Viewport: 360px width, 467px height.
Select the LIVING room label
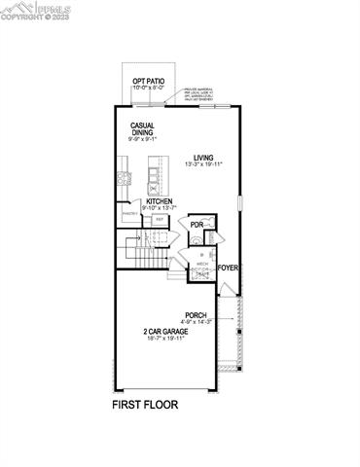202,157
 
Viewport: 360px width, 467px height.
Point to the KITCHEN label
159,201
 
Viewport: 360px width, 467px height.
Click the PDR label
197,225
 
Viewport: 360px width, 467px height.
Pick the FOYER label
228,267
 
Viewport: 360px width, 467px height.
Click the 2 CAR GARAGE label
162,331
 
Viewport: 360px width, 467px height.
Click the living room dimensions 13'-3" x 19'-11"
202,164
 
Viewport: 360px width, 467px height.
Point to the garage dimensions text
162,339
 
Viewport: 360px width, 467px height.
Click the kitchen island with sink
155,180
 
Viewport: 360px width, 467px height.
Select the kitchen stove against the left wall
124,179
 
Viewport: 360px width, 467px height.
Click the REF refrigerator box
159,220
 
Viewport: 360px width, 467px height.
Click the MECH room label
201,263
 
